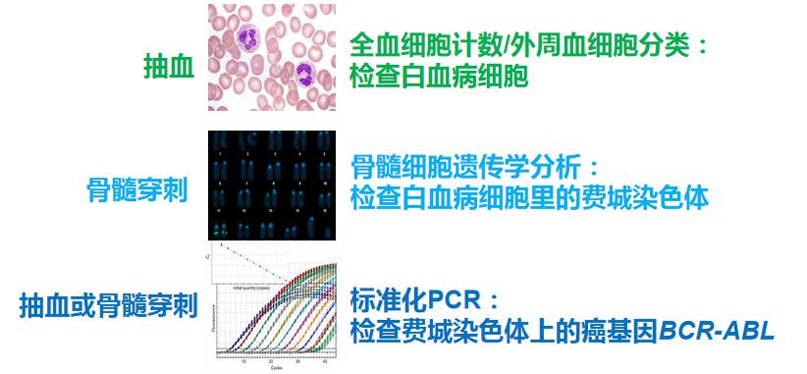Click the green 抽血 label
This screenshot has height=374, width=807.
point(168,68)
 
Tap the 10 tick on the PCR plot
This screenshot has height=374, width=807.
point(243,360)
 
